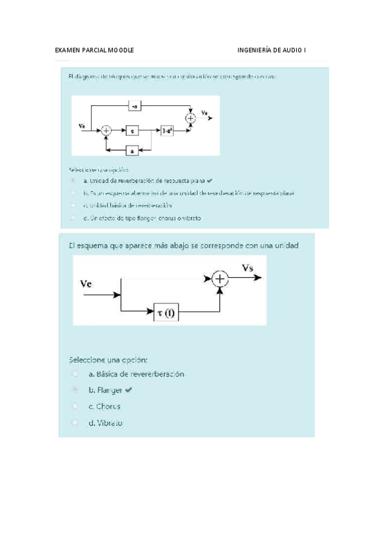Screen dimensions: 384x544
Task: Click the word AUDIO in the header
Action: coord(291,49)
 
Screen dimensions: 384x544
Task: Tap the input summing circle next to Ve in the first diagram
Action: coord(106,130)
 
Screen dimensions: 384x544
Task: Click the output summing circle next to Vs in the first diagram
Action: coord(190,118)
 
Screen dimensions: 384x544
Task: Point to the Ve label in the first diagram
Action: coord(81,126)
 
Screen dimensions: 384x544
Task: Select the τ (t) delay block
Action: coord(168,312)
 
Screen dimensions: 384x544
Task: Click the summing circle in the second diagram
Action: coord(220,278)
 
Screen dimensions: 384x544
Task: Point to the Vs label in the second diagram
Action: coord(250,267)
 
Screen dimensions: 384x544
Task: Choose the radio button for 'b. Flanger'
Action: coord(75,389)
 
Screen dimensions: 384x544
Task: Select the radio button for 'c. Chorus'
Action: coord(75,406)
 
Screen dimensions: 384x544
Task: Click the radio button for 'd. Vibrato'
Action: coord(75,423)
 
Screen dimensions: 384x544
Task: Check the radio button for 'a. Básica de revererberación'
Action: coord(75,373)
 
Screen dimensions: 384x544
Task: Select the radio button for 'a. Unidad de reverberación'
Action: coord(73,181)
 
